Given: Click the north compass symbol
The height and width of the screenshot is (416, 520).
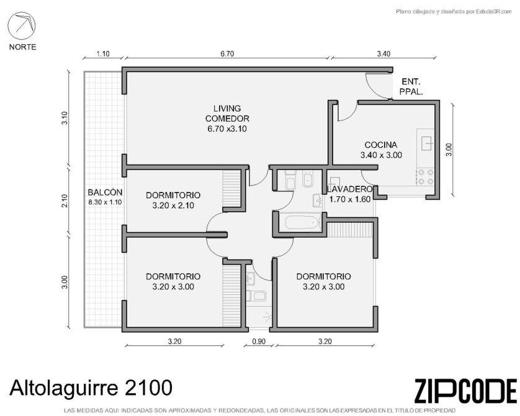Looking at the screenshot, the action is pos(22,25).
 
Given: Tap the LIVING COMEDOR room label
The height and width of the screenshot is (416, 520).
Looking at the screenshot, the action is pos(227,114).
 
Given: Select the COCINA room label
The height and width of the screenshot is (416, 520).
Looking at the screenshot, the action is pos(381,145).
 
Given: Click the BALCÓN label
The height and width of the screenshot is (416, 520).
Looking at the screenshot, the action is pos(105,192).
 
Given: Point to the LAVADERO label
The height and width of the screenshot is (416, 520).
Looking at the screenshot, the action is pos(349,189).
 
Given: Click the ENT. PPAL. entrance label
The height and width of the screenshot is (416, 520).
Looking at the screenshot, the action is pos(411,86).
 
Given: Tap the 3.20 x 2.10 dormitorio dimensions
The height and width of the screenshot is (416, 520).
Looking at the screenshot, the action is pos(173,206).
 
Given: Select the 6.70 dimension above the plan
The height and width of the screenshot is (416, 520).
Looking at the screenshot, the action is pos(227,53).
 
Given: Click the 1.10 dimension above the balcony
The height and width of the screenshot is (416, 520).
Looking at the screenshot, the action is pos(103,53).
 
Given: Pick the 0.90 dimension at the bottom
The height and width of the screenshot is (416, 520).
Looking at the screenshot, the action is pos(259,341).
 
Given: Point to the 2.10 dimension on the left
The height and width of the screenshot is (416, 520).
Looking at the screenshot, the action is pos(65,201).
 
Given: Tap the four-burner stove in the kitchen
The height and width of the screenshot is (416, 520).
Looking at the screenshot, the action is pos(426,176).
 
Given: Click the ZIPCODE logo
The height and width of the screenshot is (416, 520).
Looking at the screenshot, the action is pos(465,391).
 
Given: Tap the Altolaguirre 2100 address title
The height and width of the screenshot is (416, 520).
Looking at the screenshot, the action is pos(91,388).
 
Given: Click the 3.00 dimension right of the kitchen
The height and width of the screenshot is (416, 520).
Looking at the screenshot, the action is pos(449,150).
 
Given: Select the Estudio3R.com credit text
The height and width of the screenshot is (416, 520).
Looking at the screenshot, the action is pos(454,12).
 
